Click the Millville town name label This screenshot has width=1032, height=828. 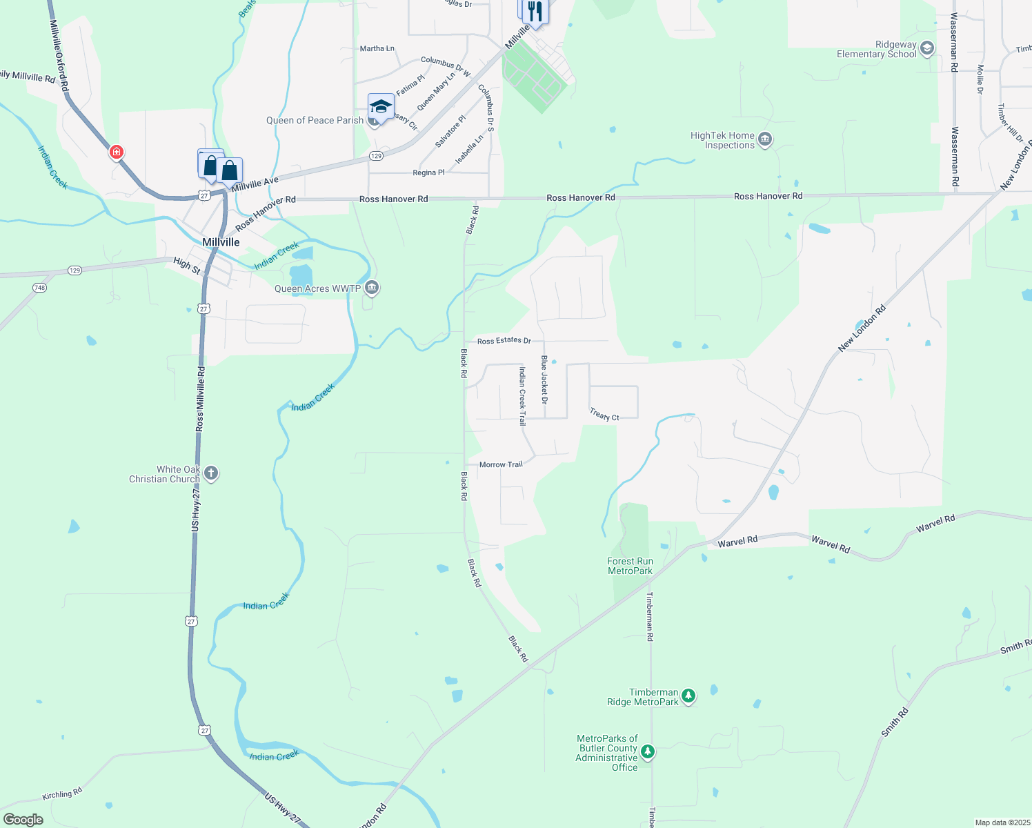(221, 242)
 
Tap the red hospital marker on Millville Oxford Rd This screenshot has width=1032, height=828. (117, 151)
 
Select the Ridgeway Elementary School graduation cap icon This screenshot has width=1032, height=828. (927, 48)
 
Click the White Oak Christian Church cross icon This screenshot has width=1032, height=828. (211, 473)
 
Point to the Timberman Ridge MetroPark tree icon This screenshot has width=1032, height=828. (688, 696)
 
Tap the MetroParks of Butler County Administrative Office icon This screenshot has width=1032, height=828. (647, 751)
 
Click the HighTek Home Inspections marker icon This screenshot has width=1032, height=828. (764, 140)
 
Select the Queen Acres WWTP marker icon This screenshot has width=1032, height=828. (372, 288)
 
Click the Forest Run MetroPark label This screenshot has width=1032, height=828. (630, 566)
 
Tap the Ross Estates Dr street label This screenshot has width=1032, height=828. (504, 341)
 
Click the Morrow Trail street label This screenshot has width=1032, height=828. (501, 464)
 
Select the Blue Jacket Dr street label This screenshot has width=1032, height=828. (544, 379)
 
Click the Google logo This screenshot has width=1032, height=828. (23, 819)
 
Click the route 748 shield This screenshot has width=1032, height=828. (40, 288)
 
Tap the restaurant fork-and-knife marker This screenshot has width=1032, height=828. (535, 11)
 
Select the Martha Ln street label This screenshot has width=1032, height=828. (377, 48)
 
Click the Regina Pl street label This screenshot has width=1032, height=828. (428, 172)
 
